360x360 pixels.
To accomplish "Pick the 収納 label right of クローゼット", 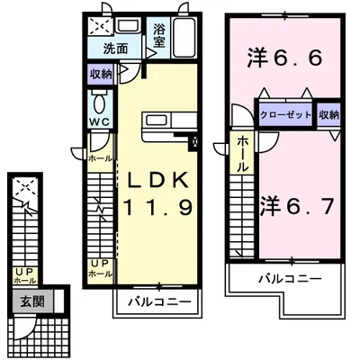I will point(328,114).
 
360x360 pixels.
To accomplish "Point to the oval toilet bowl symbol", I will point(100,101).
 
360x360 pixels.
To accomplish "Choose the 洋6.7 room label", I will point(299,204).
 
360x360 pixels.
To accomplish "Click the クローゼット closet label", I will point(285,114).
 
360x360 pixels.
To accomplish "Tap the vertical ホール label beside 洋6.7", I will point(243,155).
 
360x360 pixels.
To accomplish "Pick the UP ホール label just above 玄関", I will point(19,275).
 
